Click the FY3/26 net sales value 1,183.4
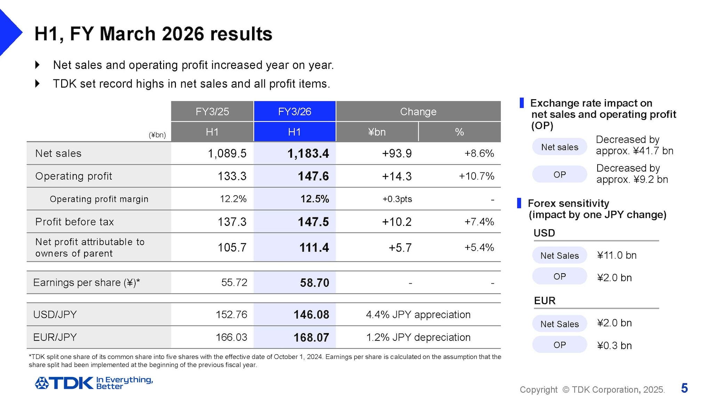[x=308, y=154]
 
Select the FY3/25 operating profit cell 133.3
[x=232, y=176]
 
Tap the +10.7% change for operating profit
[x=476, y=176]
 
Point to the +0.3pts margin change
[x=397, y=199]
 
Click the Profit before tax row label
[x=74, y=222]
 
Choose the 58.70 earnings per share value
[x=314, y=283]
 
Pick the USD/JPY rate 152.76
[x=231, y=315]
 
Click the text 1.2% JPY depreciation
[x=418, y=337]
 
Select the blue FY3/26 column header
[x=294, y=111]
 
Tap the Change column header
[x=418, y=111]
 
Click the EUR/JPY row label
[x=55, y=337]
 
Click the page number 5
[x=684, y=388]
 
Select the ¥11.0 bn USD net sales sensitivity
[x=616, y=255]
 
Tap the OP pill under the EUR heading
[x=559, y=345]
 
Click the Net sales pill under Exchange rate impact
[x=559, y=147]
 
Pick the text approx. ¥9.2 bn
[x=632, y=180]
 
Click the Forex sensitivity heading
[x=568, y=203]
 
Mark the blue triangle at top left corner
[x=9, y=32]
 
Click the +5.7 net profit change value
[x=400, y=248]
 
